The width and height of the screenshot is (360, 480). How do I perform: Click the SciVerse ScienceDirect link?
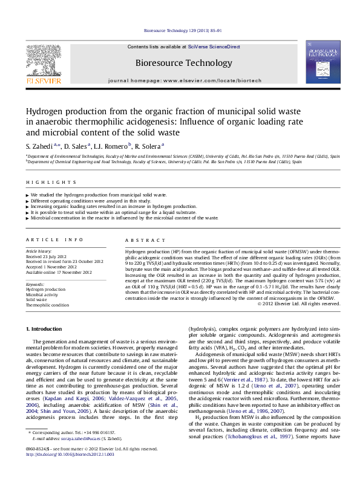coord(214,47)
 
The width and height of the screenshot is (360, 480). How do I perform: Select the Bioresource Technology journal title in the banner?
coord(183,63)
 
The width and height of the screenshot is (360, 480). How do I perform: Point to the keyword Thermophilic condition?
coord(47,305)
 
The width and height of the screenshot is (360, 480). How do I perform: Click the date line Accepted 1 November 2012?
coord(51,267)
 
